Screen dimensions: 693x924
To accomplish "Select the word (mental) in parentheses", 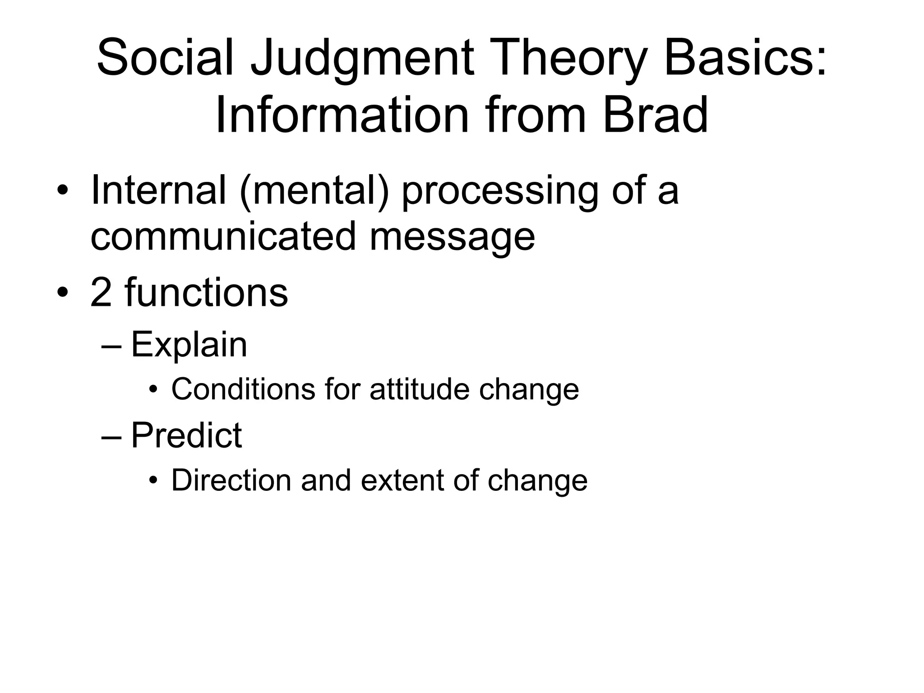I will point(314,190).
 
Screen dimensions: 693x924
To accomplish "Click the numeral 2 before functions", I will point(102,292).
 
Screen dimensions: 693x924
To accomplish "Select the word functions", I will point(207,292).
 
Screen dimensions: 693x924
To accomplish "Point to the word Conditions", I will point(243,389).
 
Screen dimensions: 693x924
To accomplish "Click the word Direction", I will point(231,480).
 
